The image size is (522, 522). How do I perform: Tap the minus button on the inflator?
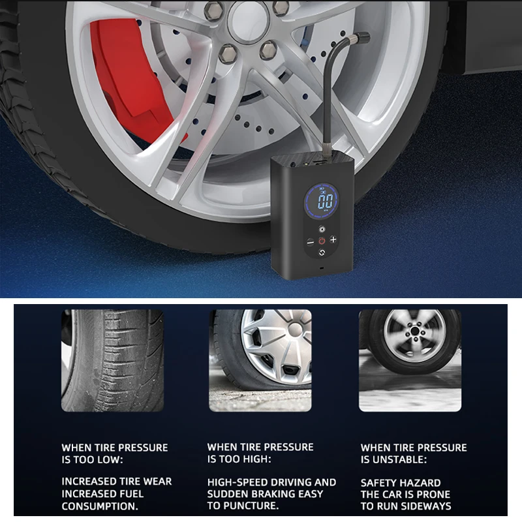[x=310, y=239]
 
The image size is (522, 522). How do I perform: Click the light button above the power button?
[x=322, y=230]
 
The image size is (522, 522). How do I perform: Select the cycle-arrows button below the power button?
[x=322, y=251]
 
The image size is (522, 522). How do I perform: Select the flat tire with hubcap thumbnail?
[x=260, y=361]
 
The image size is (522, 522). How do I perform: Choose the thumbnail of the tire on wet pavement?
[x=410, y=361]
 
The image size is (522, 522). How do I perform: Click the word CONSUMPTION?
[x=99, y=506]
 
